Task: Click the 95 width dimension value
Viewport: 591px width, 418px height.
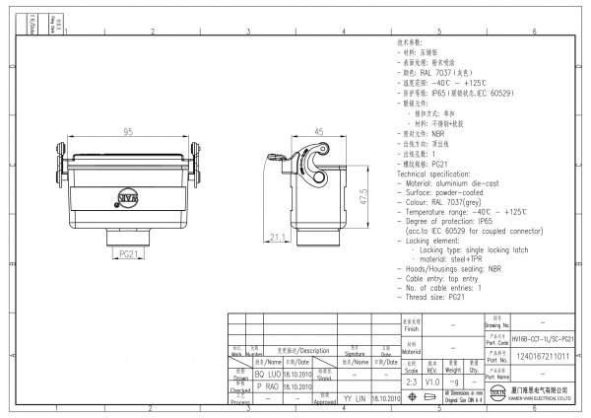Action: pyautogui.click(x=129, y=132)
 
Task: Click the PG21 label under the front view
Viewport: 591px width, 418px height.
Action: pyautogui.click(x=128, y=253)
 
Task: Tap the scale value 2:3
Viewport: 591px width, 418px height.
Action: pyautogui.click(x=411, y=379)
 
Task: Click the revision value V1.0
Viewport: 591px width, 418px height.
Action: pyautogui.click(x=432, y=379)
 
